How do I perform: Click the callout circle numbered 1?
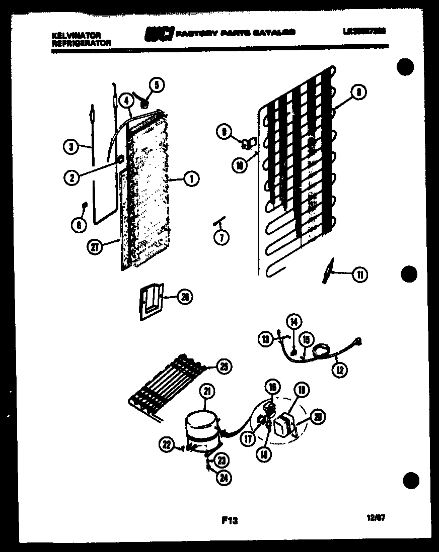tap(191, 177)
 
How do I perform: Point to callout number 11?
tap(359, 274)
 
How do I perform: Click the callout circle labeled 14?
tap(294, 321)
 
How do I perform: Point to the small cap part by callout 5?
tap(145, 104)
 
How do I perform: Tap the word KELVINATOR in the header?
tap(77, 35)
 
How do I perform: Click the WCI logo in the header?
tap(159, 34)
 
